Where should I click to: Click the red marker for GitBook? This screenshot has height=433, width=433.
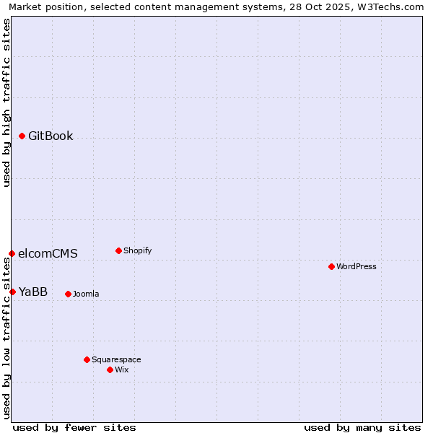22,136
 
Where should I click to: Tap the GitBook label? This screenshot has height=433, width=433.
51,136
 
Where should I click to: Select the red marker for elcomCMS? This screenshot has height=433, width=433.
12,253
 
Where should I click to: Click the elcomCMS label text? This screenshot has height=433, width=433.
48,254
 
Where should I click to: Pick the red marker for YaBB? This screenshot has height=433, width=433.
13,292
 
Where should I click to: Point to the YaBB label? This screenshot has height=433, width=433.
33,292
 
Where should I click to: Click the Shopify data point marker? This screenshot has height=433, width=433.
119,250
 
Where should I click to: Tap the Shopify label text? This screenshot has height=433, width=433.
137,251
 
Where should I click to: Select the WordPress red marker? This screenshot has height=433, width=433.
332,266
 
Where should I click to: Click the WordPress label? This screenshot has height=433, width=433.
356,267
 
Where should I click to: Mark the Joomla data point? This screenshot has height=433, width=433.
69,294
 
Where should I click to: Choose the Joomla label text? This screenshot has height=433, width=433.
86,294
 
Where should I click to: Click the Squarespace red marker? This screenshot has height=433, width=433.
87,359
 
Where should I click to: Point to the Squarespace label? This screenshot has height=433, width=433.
116,360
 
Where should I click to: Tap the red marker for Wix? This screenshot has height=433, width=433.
110,369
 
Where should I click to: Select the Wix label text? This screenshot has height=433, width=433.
122,370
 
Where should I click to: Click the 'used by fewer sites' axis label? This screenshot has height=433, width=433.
74,427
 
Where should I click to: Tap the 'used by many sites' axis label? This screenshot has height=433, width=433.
362,427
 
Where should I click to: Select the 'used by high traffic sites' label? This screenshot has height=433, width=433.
7,102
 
